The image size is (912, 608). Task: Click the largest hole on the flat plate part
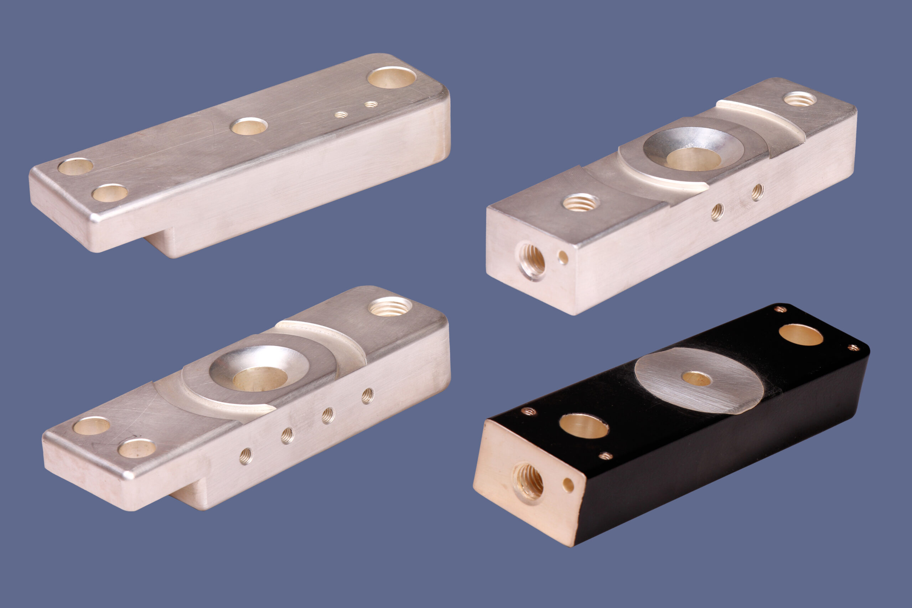click(x=391, y=78)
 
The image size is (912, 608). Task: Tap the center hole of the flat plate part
click(x=249, y=126)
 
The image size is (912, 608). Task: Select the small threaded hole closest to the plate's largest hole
click(x=371, y=104)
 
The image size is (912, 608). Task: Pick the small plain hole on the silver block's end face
click(x=563, y=257)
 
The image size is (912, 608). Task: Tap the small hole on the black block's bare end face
click(x=568, y=485)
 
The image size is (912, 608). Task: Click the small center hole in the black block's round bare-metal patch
click(x=696, y=379)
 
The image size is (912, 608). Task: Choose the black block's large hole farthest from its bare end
click(x=801, y=335)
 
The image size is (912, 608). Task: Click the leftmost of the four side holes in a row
click(x=246, y=456)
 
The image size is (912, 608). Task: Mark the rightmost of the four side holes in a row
click(x=368, y=395)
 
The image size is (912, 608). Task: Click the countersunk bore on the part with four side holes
click(x=259, y=378)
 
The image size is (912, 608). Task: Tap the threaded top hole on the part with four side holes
click(x=390, y=307)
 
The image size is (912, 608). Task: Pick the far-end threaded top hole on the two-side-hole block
click(x=800, y=99)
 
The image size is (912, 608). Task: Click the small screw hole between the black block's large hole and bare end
click(x=605, y=456)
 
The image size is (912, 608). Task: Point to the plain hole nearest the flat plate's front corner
click(x=110, y=193)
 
